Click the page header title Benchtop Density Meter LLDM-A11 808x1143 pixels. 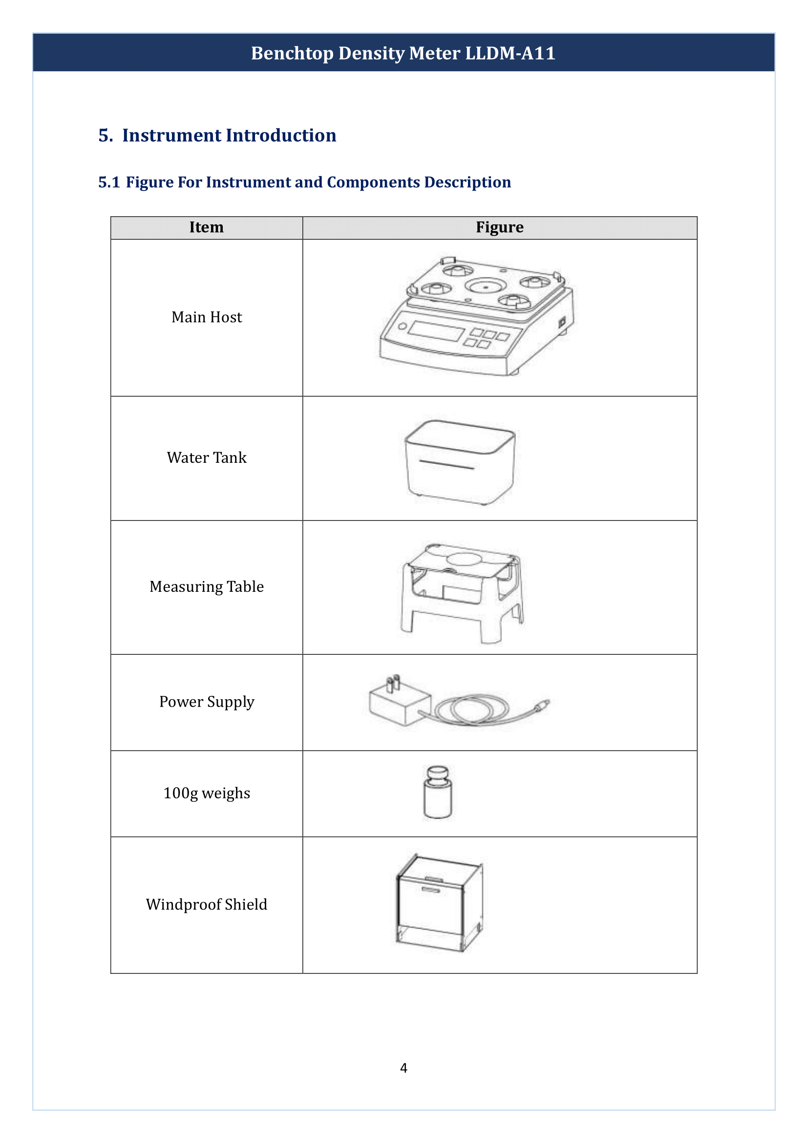403,53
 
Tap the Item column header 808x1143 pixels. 207,228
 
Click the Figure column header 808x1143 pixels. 500,228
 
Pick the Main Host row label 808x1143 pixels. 207,317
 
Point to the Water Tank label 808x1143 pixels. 207,457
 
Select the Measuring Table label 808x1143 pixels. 207,586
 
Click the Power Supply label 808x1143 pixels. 207,701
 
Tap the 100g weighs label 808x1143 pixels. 207,793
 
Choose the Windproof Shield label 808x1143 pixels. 207,904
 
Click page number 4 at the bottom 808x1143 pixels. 404,1068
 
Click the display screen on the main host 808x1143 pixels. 436,331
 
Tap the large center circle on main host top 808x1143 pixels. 486,287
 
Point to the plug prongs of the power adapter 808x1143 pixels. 393,683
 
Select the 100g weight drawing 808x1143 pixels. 438,792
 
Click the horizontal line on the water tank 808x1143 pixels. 447,464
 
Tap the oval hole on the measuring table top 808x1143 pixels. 464,559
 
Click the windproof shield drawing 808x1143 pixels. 439,904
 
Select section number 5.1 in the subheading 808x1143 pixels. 109,182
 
